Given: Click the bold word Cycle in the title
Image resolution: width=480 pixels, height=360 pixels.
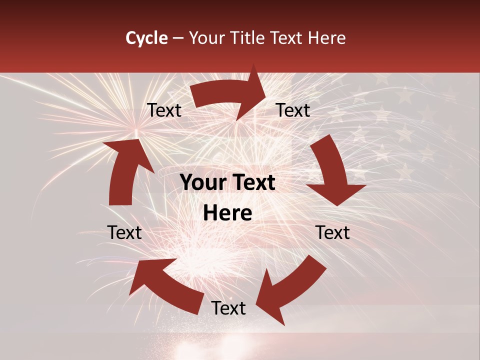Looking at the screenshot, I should [x=146, y=38].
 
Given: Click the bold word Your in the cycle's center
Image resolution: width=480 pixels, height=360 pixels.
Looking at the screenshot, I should [x=202, y=183].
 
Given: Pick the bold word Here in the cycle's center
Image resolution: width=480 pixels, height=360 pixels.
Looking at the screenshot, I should [x=227, y=213].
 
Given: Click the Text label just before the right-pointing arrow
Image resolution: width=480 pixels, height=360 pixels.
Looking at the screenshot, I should [x=164, y=110].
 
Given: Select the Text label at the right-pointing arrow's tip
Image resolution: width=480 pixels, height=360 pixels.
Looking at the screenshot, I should [x=293, y=110].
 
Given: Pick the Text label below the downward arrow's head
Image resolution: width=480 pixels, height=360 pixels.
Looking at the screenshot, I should [x=332, y=232].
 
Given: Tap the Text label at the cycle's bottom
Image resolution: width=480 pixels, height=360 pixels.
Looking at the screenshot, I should [x=228, y=308].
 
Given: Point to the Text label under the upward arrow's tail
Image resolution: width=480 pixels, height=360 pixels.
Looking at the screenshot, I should [x=124, y=232].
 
